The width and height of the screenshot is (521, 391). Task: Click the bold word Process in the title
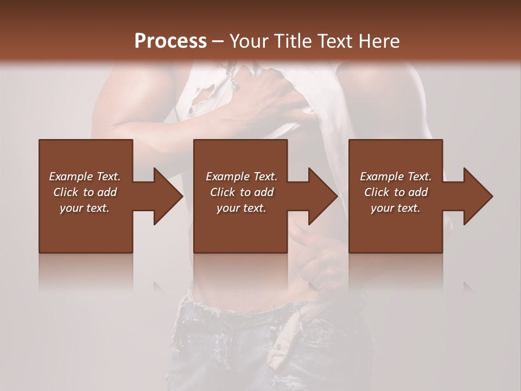(170, 41)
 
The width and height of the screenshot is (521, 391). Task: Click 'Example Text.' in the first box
(85, 176)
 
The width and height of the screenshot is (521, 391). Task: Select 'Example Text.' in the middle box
(242, 176)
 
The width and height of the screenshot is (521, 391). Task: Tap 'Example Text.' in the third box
(396, 176)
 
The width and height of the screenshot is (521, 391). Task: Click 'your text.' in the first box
(85, 208)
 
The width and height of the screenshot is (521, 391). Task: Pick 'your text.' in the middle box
(242, 208)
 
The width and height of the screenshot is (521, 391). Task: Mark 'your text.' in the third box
(396, 208)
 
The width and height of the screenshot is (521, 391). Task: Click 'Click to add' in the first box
(85, 192)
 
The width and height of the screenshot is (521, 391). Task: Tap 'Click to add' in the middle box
(242, 192)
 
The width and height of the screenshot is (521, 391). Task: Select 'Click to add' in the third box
(396, 192)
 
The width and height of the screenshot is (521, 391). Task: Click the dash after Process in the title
(218, 41)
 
